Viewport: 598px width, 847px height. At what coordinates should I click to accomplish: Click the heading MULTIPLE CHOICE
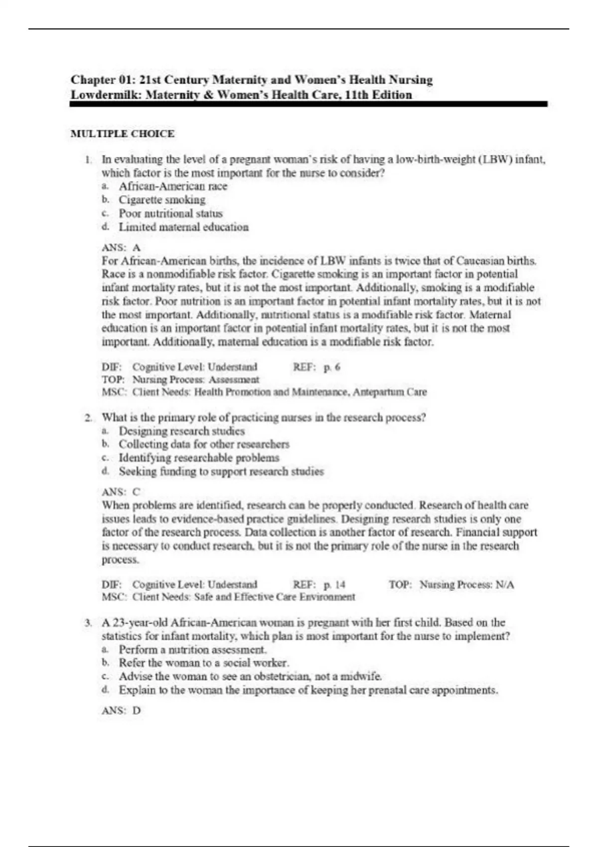tap(122, 134)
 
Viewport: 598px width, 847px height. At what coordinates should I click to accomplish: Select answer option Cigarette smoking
tap(161, 200)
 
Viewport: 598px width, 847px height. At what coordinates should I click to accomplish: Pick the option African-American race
tap(172, 186)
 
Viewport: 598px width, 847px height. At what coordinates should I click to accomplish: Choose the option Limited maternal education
tap(183, 227)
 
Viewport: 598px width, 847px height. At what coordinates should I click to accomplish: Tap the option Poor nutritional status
tap(170, 213)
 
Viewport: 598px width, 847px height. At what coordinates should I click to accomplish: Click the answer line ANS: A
tap(121, 247)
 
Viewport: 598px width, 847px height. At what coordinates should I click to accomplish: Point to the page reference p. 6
tap(332, 367)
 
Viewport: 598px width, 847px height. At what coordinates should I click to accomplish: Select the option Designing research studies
tap(181, 431)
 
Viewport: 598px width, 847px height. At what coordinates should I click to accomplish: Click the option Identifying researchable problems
tap(199, 458)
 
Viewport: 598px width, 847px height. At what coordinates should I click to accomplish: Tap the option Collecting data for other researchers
tap(204, 444)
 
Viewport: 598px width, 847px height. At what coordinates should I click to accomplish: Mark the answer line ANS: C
tap(121, 492)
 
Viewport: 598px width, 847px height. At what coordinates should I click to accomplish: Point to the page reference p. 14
tap(334, 584)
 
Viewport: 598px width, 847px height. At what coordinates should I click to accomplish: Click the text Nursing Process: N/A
tap(466, 584)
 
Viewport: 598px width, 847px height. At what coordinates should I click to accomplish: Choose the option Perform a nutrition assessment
tap(192, 650)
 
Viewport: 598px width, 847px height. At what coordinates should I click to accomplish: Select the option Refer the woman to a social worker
tap(204, 663)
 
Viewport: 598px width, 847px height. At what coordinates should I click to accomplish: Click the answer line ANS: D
tap(121, 710)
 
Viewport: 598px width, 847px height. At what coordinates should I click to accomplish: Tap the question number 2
tap(88, 418)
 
